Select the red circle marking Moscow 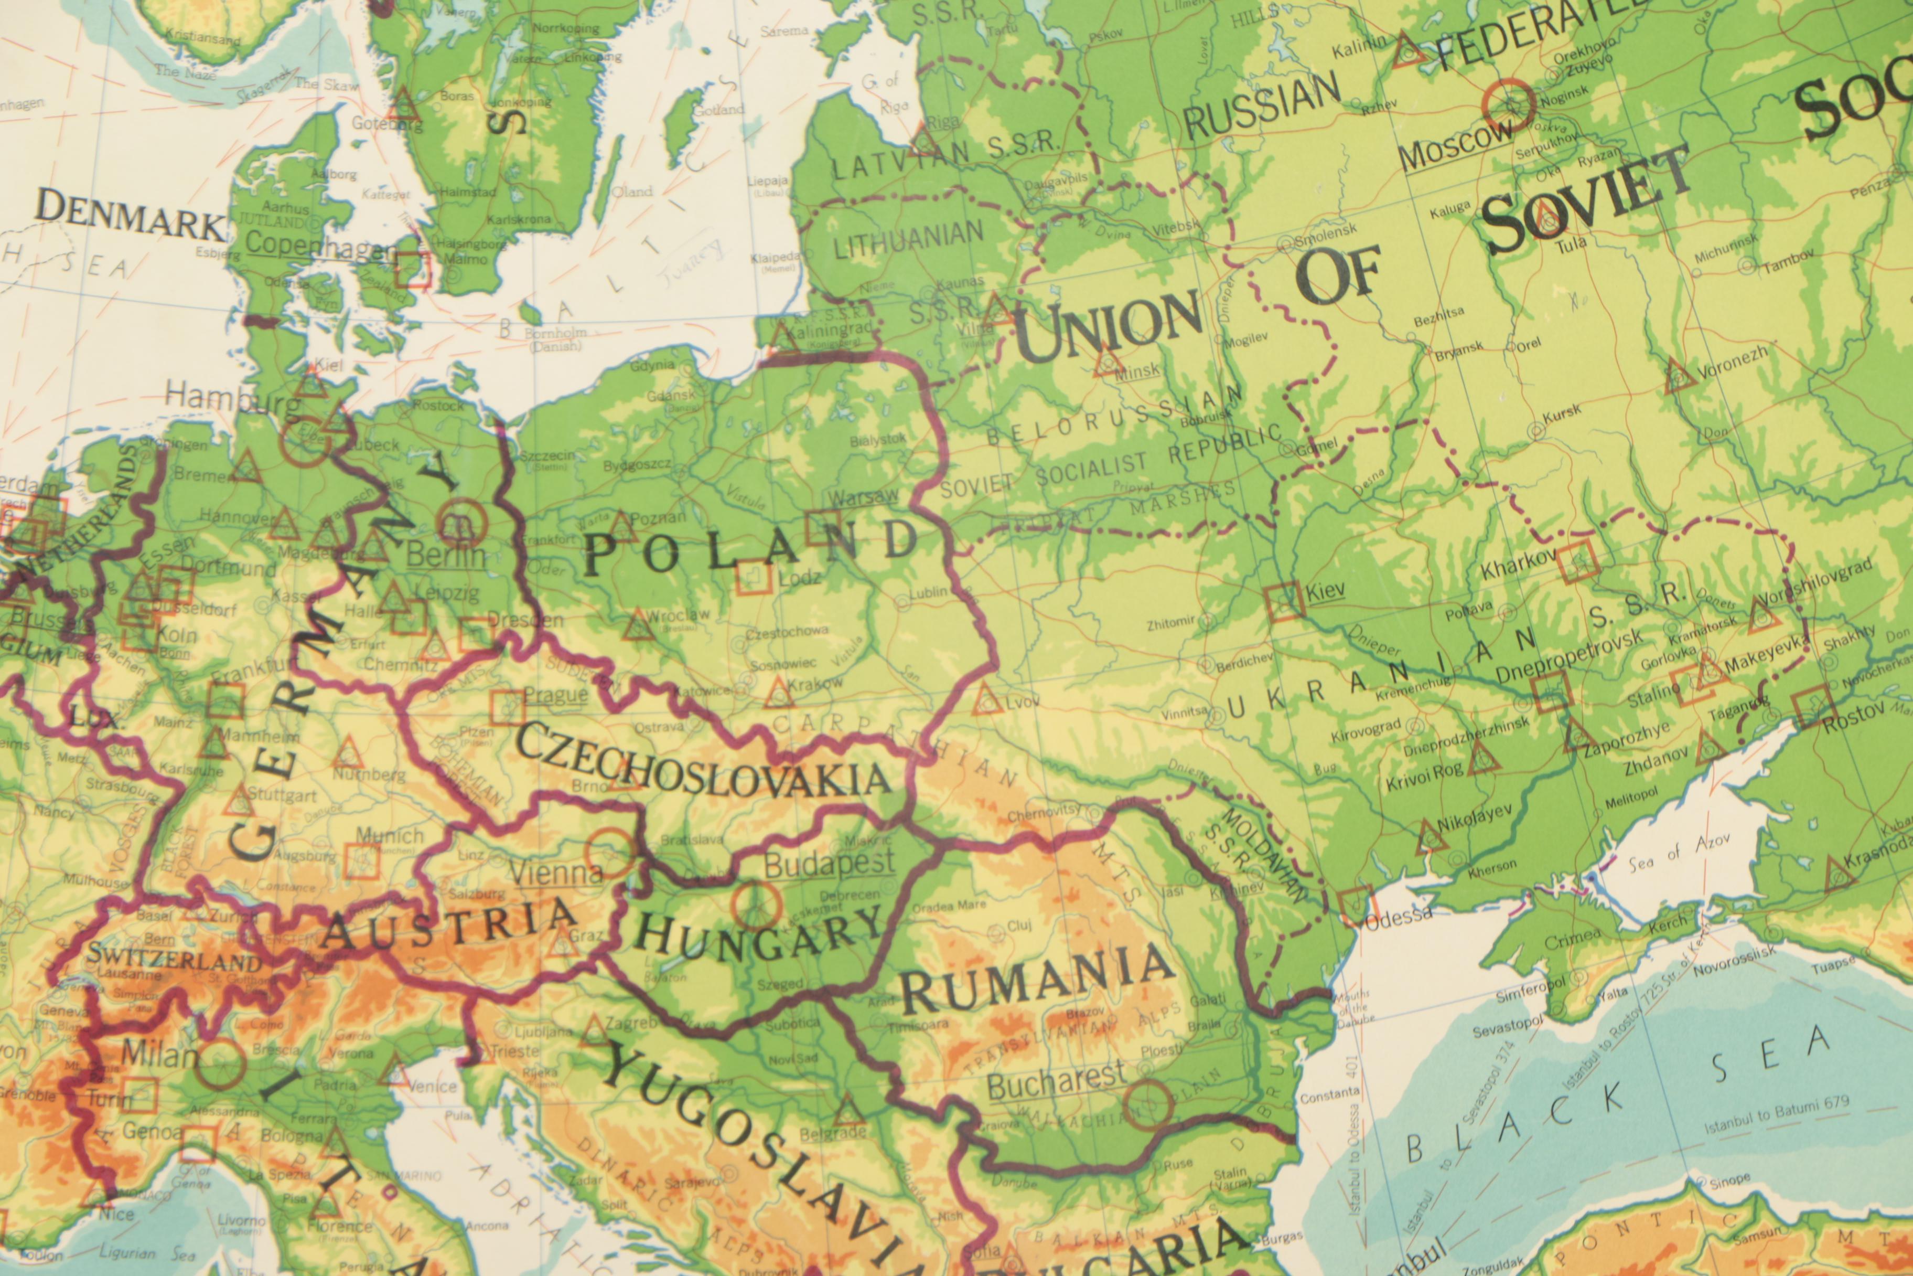1507,106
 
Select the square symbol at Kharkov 1578,563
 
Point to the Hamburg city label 232,399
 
